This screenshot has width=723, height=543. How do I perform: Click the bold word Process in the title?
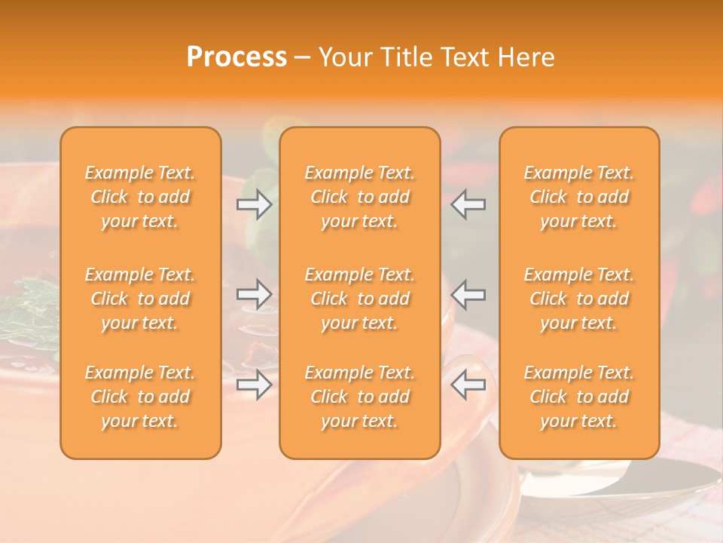tap(236, 57)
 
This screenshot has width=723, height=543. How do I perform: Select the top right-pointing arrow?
tap(255, 204)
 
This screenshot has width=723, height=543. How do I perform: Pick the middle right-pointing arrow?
tap(255, 294)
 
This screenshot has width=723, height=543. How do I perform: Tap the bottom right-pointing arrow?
tap(255, 385)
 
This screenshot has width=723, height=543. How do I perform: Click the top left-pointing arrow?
tap(468, 204)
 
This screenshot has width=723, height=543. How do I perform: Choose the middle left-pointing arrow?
tap(468, 294)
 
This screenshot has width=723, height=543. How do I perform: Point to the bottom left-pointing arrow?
tap(468, 385)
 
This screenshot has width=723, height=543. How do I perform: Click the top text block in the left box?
tap(140, 197)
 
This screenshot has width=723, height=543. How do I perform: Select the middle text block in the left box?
tap(140, 299)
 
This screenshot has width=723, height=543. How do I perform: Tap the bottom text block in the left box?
tap(140, 397)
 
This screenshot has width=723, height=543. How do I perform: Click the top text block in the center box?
tap(360, 197)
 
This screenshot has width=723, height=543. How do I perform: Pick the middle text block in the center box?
tap(360, 299)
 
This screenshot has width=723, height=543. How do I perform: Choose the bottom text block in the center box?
tap(360, 397)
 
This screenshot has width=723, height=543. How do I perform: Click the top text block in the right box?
tap(579, 197)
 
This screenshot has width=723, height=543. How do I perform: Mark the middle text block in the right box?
tap(579, 299)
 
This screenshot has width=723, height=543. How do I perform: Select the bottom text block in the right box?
tap(579, 397)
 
